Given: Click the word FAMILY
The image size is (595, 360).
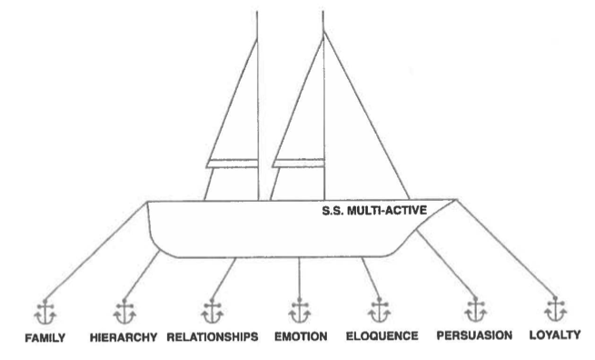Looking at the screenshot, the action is pyautogui.click(x=45, y=337).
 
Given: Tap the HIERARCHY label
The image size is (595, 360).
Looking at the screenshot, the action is pyautogui.click(x=124, y=337).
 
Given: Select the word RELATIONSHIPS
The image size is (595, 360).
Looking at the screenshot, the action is pyautogui.click(x=213, y=337).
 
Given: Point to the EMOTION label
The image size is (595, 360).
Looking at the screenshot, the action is pyautogui.click(x=301, y=336).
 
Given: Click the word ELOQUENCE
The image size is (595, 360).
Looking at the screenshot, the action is pyautogui.click(x=382, y=336).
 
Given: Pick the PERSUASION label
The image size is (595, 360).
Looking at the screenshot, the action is pyautogui.click(x=474, y=335).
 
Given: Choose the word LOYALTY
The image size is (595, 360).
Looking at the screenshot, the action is pyautogui.click(x=555, y=335).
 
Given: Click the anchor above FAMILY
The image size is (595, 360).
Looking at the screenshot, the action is pyautogui.click(x=45, y=312).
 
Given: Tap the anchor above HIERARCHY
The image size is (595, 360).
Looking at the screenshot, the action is pyautogui.click(x=124, y=312).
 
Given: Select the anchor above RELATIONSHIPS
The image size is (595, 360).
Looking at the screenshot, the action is pyautogui.click(x=213, y=311).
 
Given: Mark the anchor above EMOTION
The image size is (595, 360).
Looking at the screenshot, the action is pyautogui.click(x=300, y=311).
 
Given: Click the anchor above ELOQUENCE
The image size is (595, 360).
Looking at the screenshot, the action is pyautogui.click(x=379, y=310).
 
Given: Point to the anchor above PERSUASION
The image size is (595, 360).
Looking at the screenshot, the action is pyautogui.click(x=476, y=309).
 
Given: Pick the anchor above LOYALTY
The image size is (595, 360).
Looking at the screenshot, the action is pyautogui.click(x=556, y=309).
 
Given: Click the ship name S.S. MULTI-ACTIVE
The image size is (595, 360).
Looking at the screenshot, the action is pyautogui.click(x=374, y=210).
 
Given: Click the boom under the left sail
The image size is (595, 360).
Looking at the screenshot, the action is pyautogui.click(x=233, y=164).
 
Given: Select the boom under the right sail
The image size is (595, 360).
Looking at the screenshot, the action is pyautogui.click(x=299, y=163).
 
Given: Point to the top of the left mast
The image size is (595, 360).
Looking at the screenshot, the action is pyautogui.click(x=257, y=12).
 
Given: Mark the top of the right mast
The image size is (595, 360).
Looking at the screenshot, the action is pyautogui.click(x=322, y=12).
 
